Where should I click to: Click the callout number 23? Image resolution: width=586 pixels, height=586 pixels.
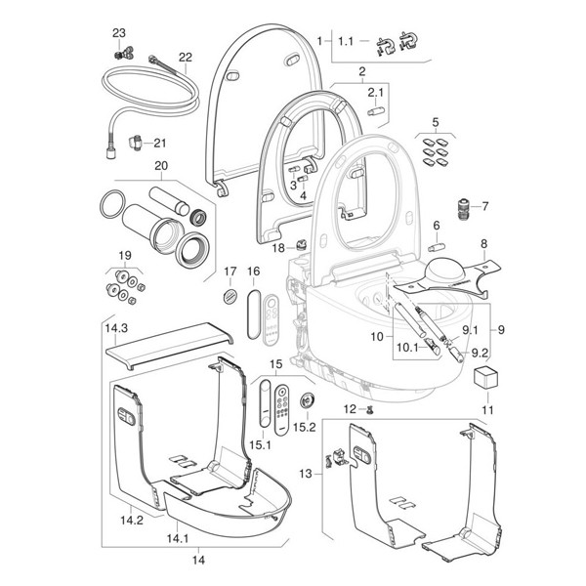[119, 32]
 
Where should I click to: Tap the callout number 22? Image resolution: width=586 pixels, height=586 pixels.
[185, 57]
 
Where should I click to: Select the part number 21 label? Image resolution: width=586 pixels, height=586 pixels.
[159, 142]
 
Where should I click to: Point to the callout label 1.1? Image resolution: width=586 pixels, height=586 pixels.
[347, 41]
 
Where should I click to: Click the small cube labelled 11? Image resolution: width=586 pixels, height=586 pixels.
[485, 377]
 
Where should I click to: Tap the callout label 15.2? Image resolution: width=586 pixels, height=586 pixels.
[307, 427]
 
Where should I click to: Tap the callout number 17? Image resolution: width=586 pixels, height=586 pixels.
[231, 271]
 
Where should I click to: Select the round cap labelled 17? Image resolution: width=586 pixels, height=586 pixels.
[231, 295]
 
